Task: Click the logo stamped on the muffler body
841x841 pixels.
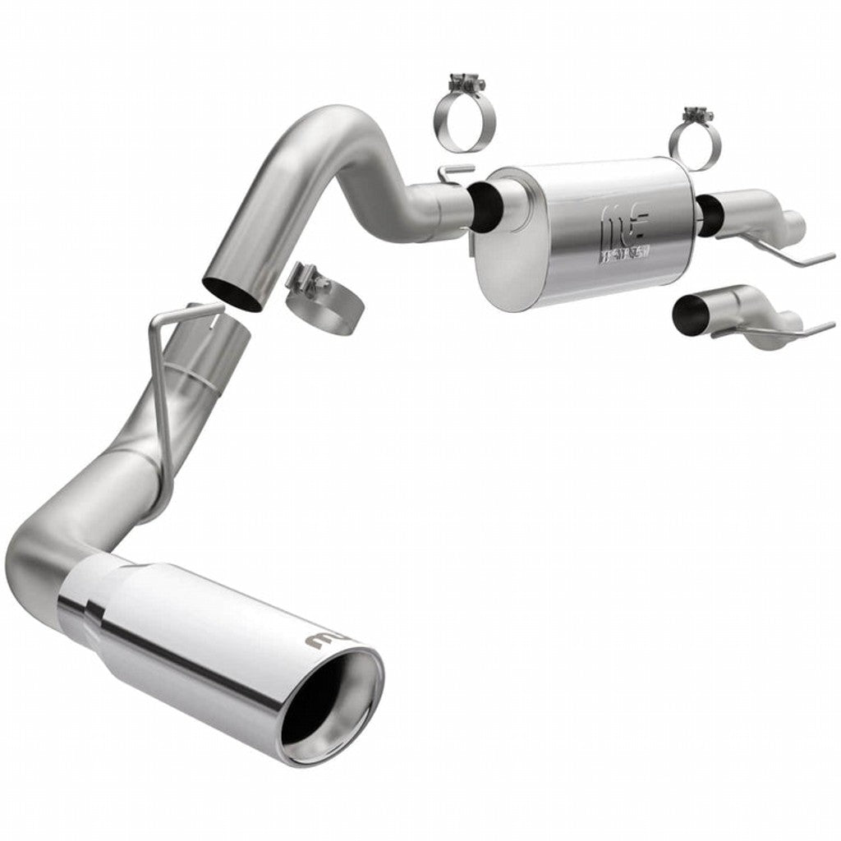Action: tap(626, 231)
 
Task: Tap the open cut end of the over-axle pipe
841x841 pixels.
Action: tap(232, 292)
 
